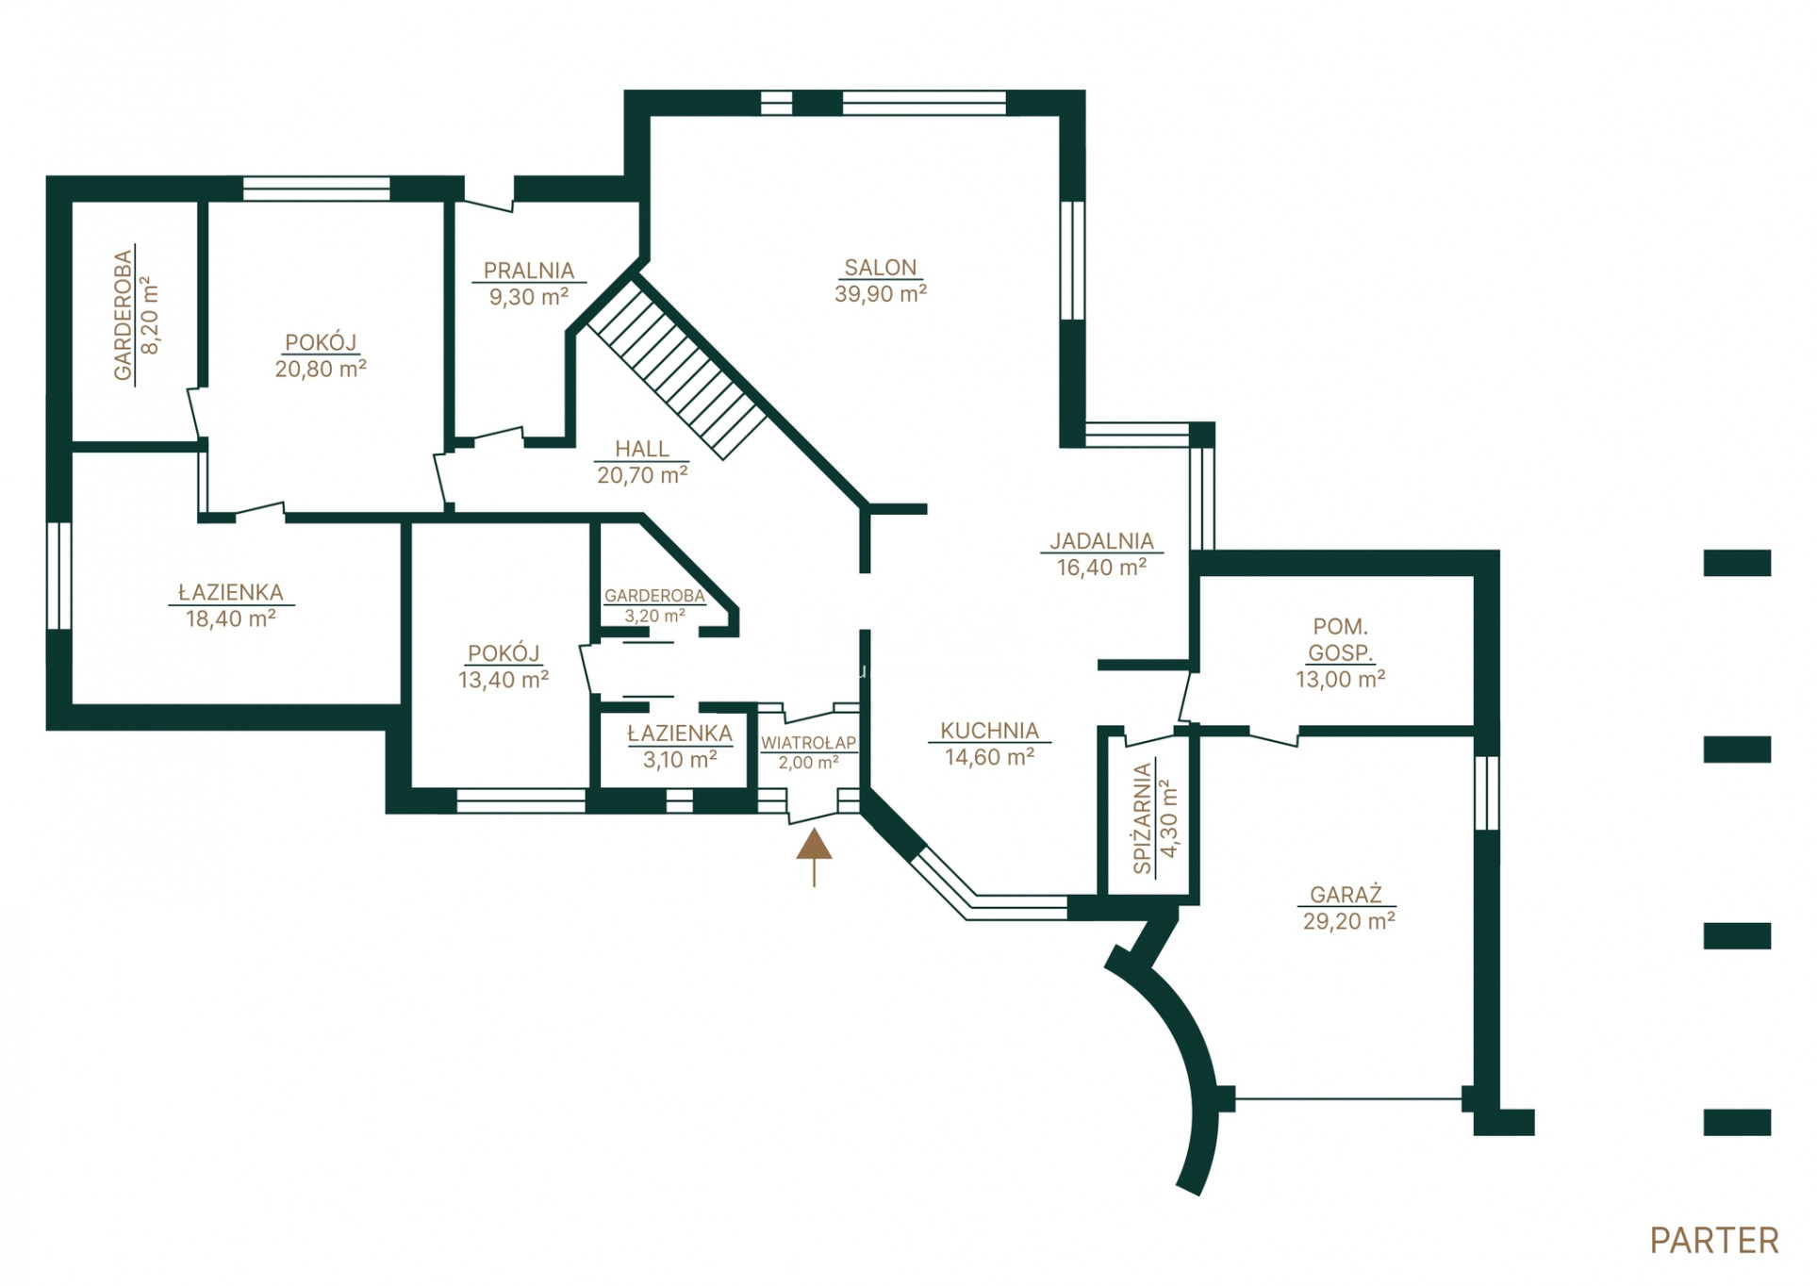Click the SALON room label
880,267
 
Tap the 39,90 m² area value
880,293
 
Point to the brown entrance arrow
814,857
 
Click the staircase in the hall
676,371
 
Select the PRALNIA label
529,271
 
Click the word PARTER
1714,1241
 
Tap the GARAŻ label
1346,894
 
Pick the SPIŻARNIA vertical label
1143,818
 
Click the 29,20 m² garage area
1349,921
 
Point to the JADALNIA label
1102,541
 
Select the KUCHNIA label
990,731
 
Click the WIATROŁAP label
808,743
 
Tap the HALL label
642,449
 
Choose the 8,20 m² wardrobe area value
150,315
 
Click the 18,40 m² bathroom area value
231,618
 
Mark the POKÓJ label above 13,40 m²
504,653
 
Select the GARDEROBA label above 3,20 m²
654,596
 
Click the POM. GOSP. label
1340,639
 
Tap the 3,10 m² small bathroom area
680,759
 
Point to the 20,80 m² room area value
321,369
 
